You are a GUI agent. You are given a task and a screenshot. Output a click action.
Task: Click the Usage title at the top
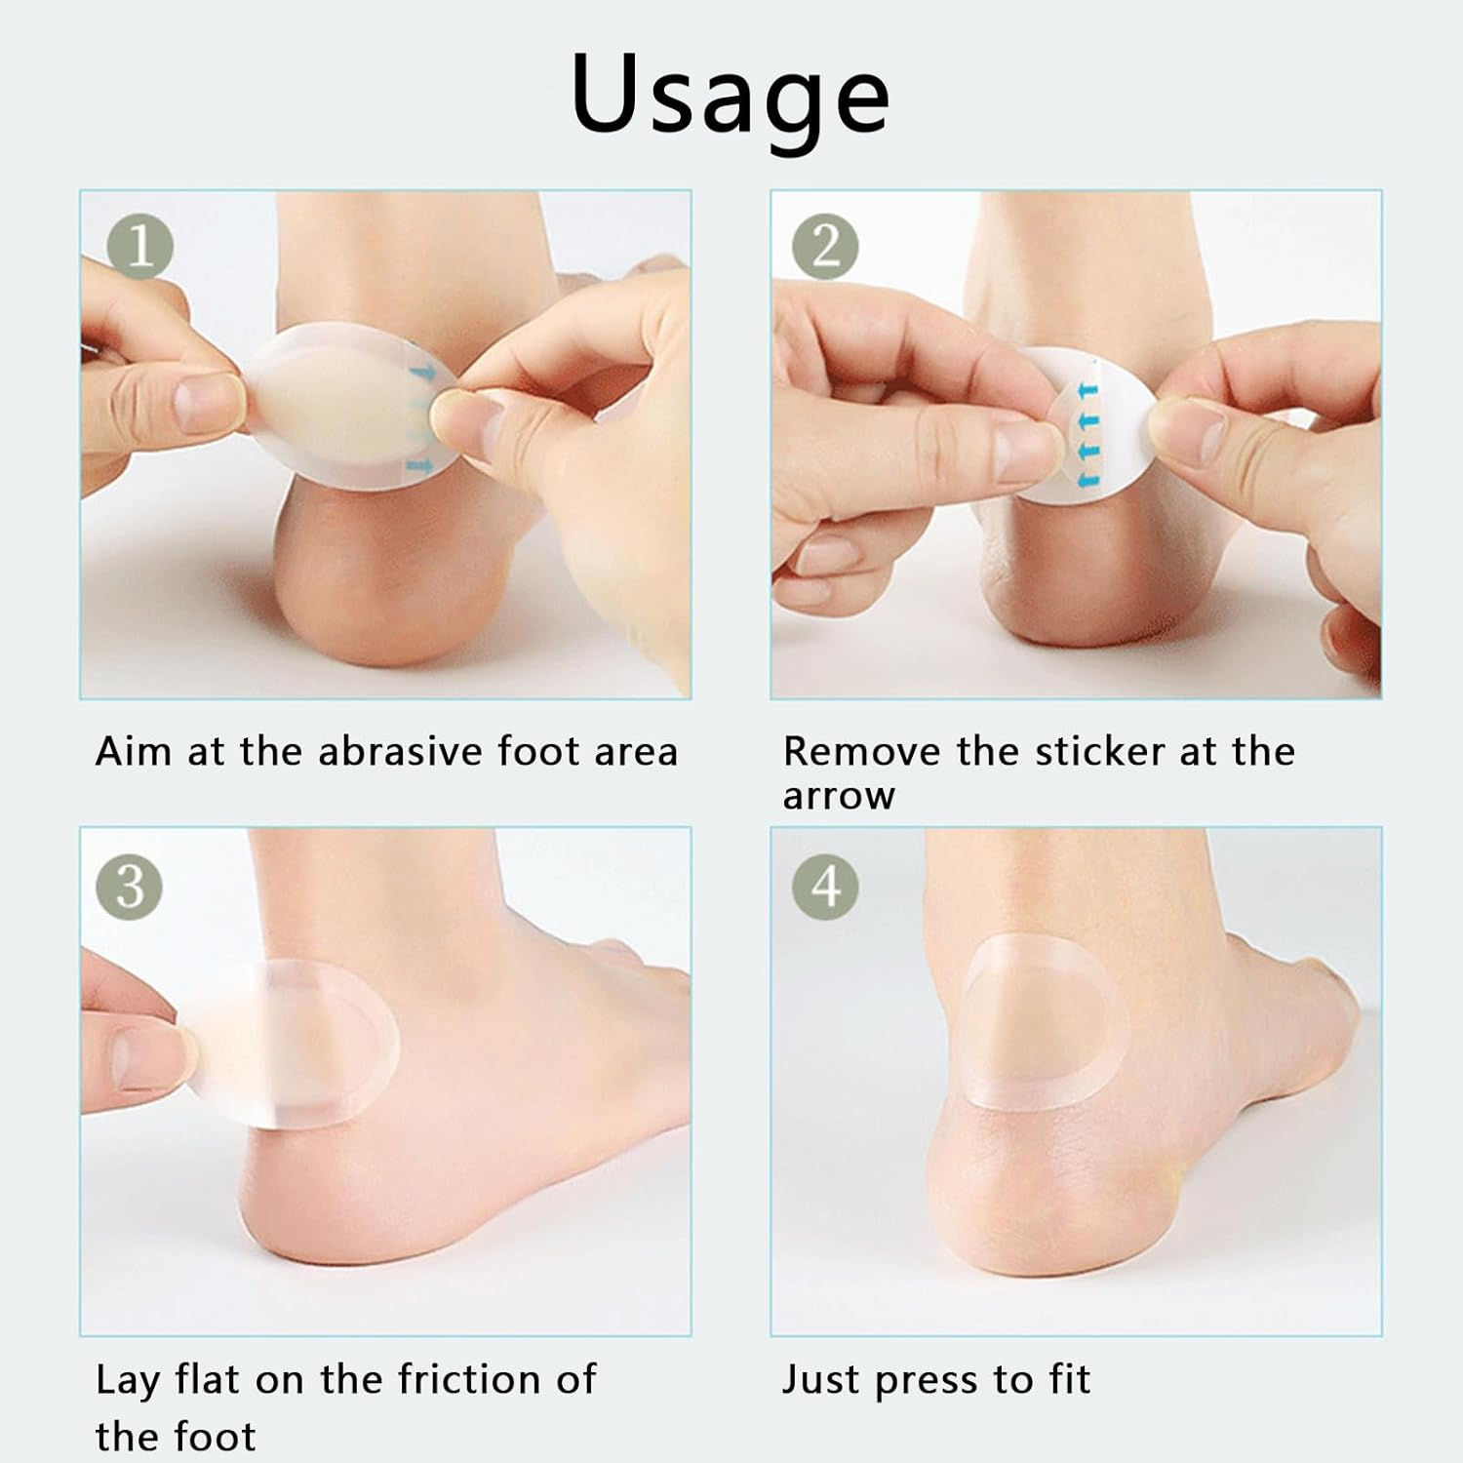(730, 96)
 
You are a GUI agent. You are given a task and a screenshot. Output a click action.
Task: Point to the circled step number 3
(130, 887)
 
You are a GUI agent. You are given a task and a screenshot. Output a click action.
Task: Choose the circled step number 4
(825, 887)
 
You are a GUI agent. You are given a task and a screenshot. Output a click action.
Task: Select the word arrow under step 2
(838, 797)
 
